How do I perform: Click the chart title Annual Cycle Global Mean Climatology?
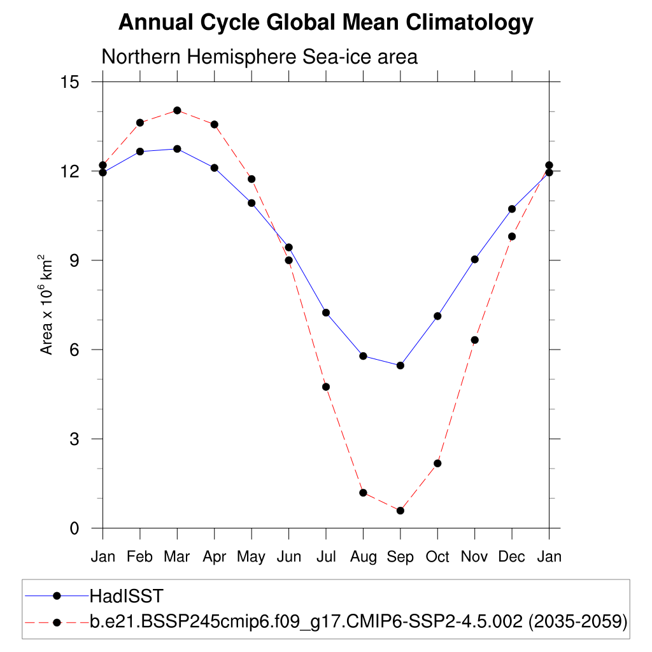pyautogui.click(x=325, y=23)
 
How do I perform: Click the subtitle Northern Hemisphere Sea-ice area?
pyautogui.click(x=259, y=57)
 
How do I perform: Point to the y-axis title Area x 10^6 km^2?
pyautogui.click(x=46, y=304)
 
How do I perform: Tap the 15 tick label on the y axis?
pyautogui.click(x=69, y=82)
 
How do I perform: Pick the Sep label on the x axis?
pyautogui.click(x=400, y=557)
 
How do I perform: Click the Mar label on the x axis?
pyautogui.click(x=177, y=557)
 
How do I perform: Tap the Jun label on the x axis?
pyautogui.click(x=288, y=557)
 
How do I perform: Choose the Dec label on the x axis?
pyautogui.click(x=511, y=557)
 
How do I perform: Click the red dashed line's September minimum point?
pyautogui.click(x=400, y=511)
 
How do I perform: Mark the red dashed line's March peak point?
pyautogui.click(x=177, y=110)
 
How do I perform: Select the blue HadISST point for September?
pyautogui.click(x=400, y=365)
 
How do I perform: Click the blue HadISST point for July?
pyautogui.click(x=326, y=313)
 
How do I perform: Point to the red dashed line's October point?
pyautogui.click(x=437, y=463)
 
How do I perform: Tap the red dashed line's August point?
pyautogui.click(x=363, y=493)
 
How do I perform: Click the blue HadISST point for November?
pyautogui.click(x=474, y=259)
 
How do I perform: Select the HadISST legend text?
pyautogui.click(x=127, y=597)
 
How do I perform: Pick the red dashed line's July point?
pyautogui.click(x=326, y=386)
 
